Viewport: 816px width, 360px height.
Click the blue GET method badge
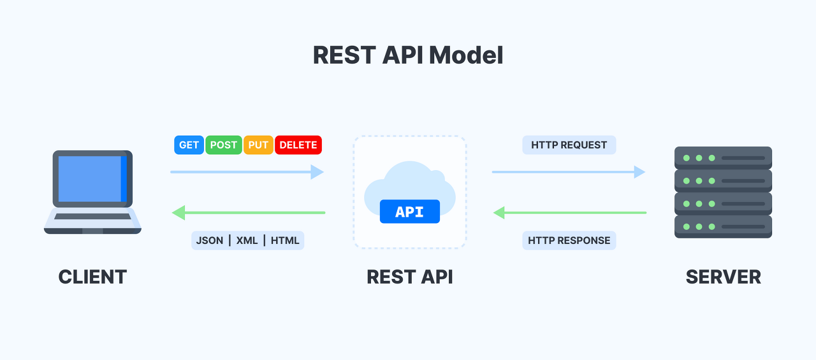(x=189, y=145)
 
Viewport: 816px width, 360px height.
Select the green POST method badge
(x=224, y=145)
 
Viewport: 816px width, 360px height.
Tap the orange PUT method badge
(x=258, y=145)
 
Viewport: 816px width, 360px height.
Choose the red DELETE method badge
(x=298, y=145)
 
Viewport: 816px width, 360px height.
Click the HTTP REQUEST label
(x=569, y=145)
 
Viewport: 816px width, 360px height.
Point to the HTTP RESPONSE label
(x=569, y=240)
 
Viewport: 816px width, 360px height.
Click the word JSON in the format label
(x=210, y=240)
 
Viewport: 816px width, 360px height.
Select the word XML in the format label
(x=247, y=240)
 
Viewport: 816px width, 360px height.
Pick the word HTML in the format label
(x=284, y=240)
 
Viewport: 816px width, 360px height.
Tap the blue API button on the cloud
(x=409, y=212)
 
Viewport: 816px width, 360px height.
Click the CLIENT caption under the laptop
(x=92, y=277)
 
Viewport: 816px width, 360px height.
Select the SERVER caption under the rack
(x=723, y=277)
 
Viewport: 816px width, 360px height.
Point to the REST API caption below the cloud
(x=409, y=277)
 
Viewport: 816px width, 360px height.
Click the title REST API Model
(x=408, y=55)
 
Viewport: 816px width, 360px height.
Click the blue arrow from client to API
(x=247, y=172)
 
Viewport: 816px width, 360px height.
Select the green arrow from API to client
(x=249, y=212)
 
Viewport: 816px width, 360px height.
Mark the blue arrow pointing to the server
(x=569, y=172)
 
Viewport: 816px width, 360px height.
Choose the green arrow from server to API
(x=570, y=212)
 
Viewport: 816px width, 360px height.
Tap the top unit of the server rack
(x=723, y=157)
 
